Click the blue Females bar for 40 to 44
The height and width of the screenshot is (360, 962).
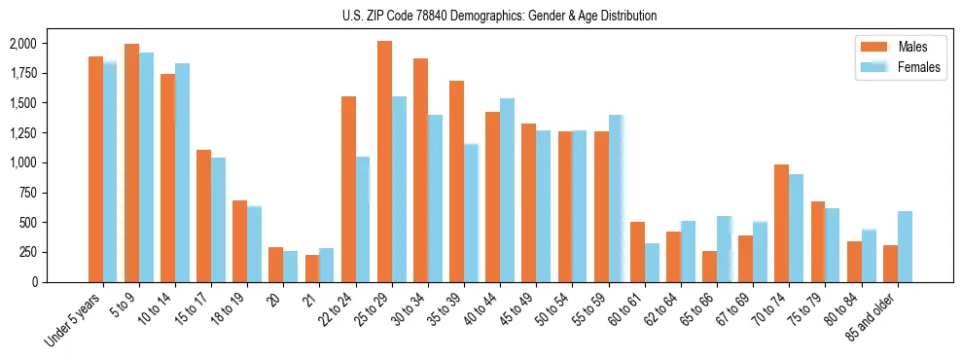[x=507, y=190]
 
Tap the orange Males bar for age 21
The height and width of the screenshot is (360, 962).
[x=312, y=269]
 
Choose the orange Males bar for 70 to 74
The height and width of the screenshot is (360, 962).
[x=781, y=223]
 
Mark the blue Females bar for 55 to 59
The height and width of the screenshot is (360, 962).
[x=615, y=198]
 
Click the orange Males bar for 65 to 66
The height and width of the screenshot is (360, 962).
[x=709, y=267]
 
